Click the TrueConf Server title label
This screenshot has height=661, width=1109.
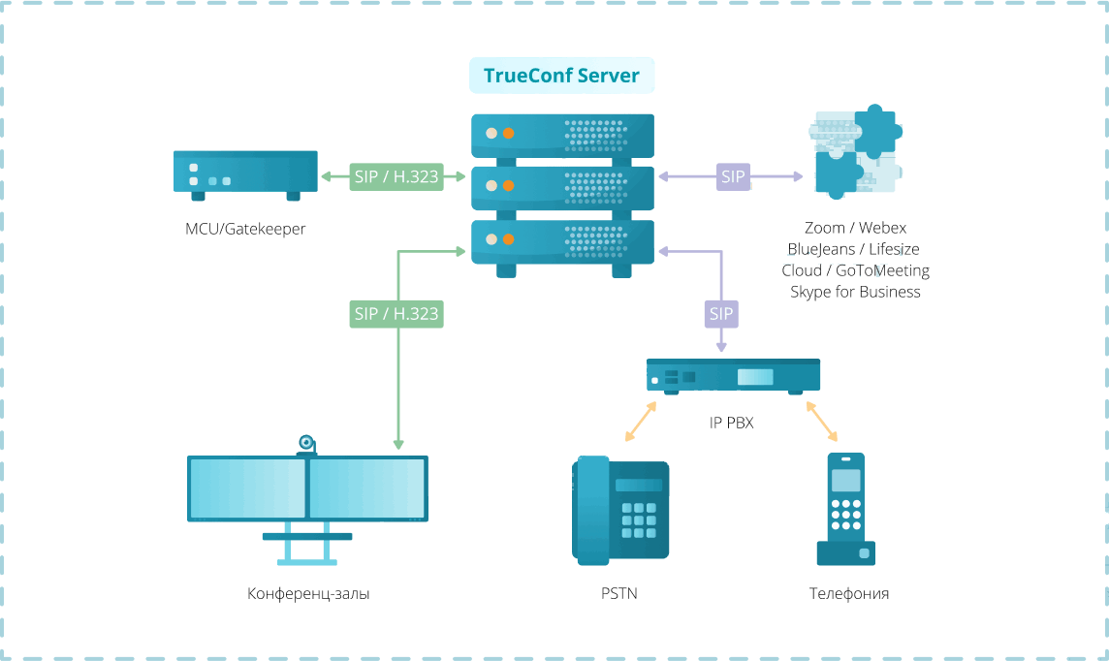[561, 76]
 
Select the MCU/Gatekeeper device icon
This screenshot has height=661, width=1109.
[245, 173]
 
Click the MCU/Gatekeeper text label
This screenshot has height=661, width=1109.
[245, 230]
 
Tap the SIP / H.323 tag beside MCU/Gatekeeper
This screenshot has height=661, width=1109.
[396, 176]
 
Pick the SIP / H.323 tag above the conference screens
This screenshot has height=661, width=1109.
[396, 313]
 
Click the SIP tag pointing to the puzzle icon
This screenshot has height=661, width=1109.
[734, 176]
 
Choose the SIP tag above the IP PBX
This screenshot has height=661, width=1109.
[720, 313]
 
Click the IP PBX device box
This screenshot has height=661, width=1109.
[733, 375]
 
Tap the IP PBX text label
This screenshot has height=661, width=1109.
[731, 423]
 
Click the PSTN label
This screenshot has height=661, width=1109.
[618, 593]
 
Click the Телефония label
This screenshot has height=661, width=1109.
[848, 593]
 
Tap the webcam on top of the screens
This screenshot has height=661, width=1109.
[306, 445]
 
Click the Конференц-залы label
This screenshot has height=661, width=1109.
[307, 593]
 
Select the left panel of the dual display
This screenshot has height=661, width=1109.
[247, 488]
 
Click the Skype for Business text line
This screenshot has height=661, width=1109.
[855, 292]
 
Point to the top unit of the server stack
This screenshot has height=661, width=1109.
[562, 134]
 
